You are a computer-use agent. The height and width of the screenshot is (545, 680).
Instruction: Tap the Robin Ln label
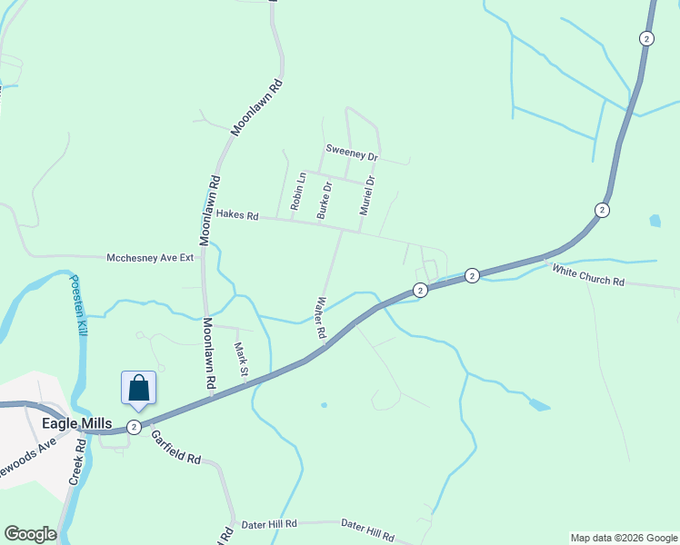tap(295, 191)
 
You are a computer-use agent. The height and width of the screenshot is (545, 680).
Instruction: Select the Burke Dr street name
tap(323, 200)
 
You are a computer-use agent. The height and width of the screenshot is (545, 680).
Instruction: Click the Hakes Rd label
tap(237, 216)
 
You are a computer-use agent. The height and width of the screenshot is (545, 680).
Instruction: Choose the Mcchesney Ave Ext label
tap(151, 257)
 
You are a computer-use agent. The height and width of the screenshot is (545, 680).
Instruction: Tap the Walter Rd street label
tap(320, 317)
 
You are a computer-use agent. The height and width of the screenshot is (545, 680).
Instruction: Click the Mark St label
tap(241, 359)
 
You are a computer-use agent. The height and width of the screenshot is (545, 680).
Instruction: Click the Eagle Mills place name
tap(76, 423)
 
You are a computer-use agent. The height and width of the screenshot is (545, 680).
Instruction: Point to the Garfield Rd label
tap(175, 446)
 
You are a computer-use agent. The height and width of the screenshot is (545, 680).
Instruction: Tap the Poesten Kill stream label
tap(79, 305)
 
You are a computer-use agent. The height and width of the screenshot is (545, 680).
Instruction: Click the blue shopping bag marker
tap(138, 388)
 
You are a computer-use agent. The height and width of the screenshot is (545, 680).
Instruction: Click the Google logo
tap(30, 534)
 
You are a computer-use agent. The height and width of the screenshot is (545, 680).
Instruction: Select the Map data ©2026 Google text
tap(624, 538)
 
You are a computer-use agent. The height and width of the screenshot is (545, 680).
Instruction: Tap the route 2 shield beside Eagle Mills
tap(134, 427)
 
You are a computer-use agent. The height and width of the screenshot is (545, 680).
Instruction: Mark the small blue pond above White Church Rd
tap(655, 220)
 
